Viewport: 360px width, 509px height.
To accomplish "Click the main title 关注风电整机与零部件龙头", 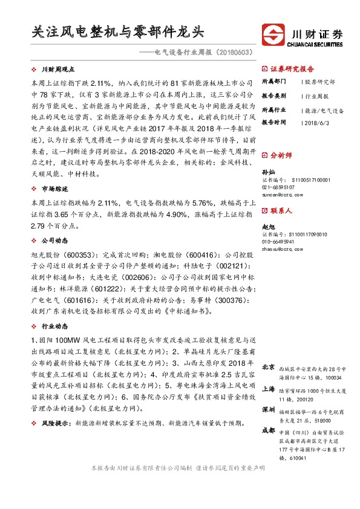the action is pyautogui.click(x=118, y=31).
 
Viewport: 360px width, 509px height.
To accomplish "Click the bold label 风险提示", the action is pyautogui.click(x=54, y=424).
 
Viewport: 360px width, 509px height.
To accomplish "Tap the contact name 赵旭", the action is pyautogui.click(x=267, y=225).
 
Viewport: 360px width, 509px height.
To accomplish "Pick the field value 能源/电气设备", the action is pyautogui.click(x=324, y=111).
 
